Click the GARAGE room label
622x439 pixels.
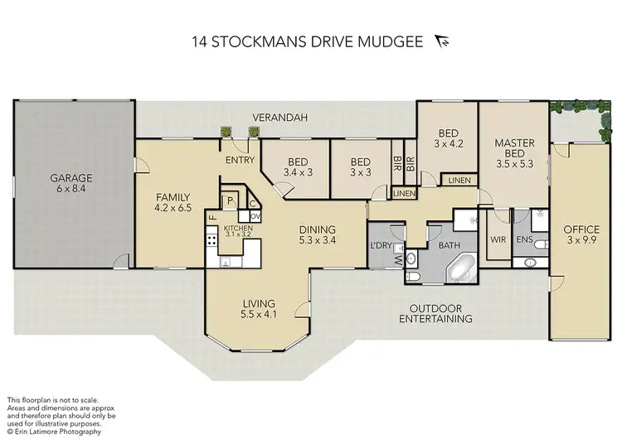coord(71,178)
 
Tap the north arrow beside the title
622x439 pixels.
coord(442,41)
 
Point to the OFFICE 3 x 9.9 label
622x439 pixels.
coord(581,234)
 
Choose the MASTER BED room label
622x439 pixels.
coord(514,147)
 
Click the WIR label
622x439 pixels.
coord(498,239)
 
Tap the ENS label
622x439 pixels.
coord(524,239)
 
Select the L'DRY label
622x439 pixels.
coord(381,245)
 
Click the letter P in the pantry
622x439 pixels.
coord(230,201)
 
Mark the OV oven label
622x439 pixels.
coord(255,216)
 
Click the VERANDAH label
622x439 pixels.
coord(280,118)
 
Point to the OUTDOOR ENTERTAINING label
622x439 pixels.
coord(435,313)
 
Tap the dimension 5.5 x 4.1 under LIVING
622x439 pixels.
coord(259,315)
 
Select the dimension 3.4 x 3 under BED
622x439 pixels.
coord(298,172)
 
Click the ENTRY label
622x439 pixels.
coord(240,160)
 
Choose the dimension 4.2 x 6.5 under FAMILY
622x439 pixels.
coord(173,207)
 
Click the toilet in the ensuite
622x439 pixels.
coord(541,245)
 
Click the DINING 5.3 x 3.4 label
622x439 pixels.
coord(318,234)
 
